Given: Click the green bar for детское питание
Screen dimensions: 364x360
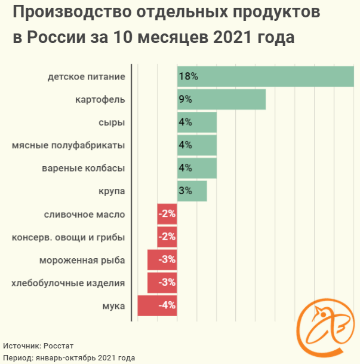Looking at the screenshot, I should click(266, 77).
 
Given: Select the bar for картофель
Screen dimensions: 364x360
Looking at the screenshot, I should click(221, 99).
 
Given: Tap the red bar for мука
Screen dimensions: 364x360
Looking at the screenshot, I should click(157, 305).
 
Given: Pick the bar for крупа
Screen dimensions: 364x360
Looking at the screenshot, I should click(192, 191).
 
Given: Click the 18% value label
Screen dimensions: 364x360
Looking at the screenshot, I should click(187, 77).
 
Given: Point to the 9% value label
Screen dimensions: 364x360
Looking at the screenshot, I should click(184, 99).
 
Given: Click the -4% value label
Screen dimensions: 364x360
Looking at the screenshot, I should click(166, 305).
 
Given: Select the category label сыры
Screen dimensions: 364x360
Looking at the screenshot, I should click(112, 122).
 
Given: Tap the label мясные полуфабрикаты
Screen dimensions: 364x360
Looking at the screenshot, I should click(68, 145).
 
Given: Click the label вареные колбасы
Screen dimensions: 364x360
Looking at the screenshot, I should click(84, 168).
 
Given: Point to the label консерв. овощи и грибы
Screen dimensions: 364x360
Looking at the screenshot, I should click(68, 237).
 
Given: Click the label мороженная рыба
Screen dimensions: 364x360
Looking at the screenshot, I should click(82, 260).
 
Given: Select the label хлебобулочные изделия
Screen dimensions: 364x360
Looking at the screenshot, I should click(68, 283).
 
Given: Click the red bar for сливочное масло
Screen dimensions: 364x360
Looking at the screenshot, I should click(167, 214).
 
